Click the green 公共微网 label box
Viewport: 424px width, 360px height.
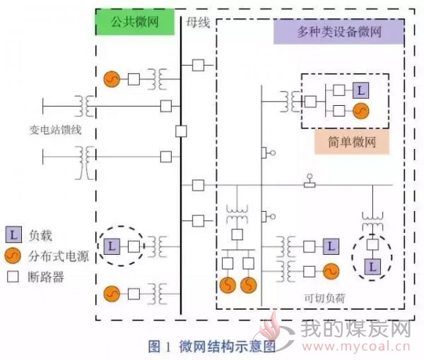pos(135,22)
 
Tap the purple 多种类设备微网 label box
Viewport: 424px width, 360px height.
pos(338,32)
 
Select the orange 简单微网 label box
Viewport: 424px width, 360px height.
pos(352,142)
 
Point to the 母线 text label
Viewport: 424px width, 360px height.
pos(198,23)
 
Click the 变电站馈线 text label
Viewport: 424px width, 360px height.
pos(55,130)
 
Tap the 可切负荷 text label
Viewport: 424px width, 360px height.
pos(324,298)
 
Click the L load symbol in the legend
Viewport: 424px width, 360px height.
pos(13,234)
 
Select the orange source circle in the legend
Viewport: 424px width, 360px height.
pos(13,256)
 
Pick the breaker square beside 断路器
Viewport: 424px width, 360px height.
pos(13,277)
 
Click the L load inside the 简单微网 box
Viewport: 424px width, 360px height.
pos(360,90)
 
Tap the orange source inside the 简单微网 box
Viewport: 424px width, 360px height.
pos(360,111)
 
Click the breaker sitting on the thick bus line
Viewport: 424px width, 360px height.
pos(181,131)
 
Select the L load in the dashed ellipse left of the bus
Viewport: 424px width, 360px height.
pos(112,246)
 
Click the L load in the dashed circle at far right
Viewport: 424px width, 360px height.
pos(372,267)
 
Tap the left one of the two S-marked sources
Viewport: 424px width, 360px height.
pos(228,285)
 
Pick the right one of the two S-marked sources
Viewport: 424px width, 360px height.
pos(249,285)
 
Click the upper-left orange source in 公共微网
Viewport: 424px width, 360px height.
pos(112,79)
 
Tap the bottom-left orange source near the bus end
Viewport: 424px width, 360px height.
pos(112,294)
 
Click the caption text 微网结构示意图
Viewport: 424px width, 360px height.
pos(227,347)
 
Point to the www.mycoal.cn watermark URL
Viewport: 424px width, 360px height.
pos(356,347)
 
